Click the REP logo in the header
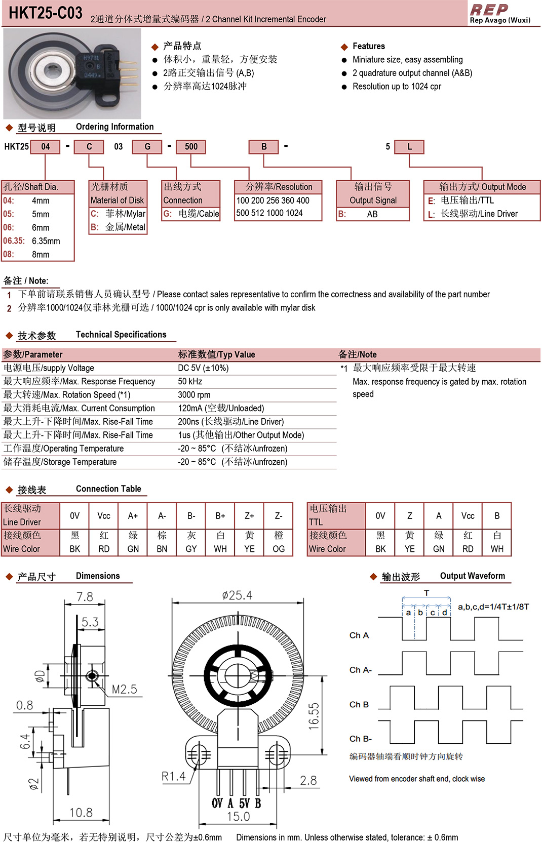(489, 10)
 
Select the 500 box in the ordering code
(191, 147)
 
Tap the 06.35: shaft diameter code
(14, 241)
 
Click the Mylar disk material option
(125, 214)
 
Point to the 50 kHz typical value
(190, 381)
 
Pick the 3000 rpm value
(194, 395)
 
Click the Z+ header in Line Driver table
(249, 516)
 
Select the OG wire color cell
(279, 549)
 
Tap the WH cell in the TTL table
(497, 549)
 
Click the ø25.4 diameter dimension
(237, 595)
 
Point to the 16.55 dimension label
(314, 716)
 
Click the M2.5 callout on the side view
(124, 690)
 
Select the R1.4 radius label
(173, 776)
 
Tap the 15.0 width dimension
(238, 816)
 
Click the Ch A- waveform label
(360, 670)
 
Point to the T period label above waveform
(427, 593)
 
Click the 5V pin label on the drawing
(245, 803)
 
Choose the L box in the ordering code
(409, 147)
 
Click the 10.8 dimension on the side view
(81, 813)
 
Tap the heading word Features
(368, 46)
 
